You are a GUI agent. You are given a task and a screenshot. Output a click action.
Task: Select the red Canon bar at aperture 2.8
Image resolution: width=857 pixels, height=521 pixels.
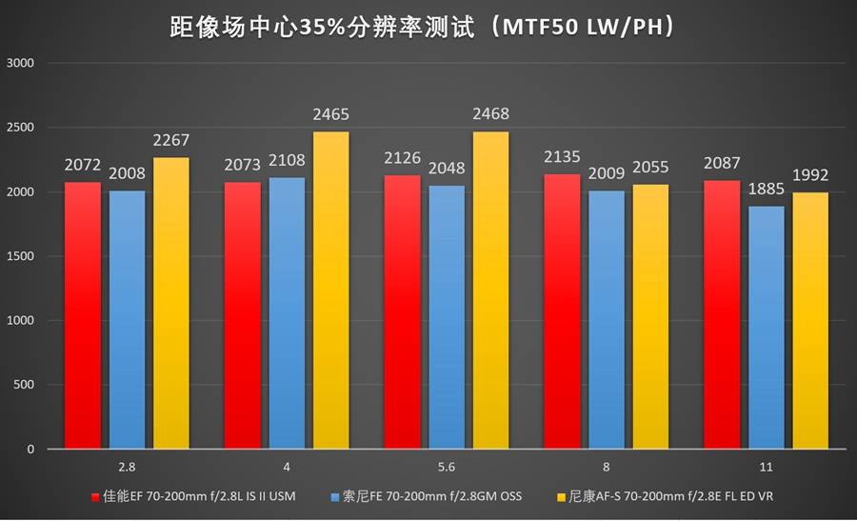tap(84, 314)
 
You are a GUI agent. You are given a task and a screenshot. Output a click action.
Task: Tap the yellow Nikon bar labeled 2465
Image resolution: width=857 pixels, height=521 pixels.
tap(330, 291)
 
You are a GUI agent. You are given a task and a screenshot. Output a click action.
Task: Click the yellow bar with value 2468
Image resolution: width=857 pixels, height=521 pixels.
tap(490, 291)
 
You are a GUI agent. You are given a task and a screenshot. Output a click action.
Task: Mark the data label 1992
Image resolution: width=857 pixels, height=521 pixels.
tap(810, 175)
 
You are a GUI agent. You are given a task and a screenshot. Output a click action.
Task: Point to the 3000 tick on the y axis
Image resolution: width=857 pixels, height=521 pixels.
tap(20, 63)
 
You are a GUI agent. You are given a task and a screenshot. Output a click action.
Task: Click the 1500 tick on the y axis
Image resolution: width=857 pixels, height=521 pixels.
tap(20, 256)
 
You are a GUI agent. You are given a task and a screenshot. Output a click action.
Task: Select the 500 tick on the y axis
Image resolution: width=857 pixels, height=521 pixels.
tap(23, 385)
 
